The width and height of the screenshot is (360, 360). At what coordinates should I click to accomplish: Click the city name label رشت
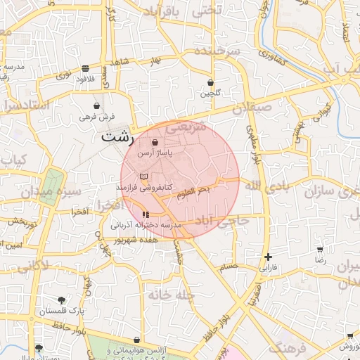[x=115, y=136]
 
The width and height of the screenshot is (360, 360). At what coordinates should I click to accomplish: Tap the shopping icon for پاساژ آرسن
[x=155, y=143]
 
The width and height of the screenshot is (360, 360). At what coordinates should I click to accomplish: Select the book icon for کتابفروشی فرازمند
[x=144, y=175]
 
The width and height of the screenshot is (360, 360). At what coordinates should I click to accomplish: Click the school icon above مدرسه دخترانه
[x=146, y=215]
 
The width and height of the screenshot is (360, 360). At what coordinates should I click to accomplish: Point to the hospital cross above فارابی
[x=268, y=257]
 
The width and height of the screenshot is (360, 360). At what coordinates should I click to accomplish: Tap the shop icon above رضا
[x=321, y=250]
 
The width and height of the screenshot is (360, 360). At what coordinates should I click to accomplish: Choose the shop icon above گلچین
[x=211, y=82]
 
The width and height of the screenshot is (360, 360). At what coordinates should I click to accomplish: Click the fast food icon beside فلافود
[x=85, y=68]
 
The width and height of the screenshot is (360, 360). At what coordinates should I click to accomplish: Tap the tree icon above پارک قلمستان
[x=61, y=300]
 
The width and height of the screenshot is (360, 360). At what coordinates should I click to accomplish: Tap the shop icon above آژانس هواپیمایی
[x=136, y=340]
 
